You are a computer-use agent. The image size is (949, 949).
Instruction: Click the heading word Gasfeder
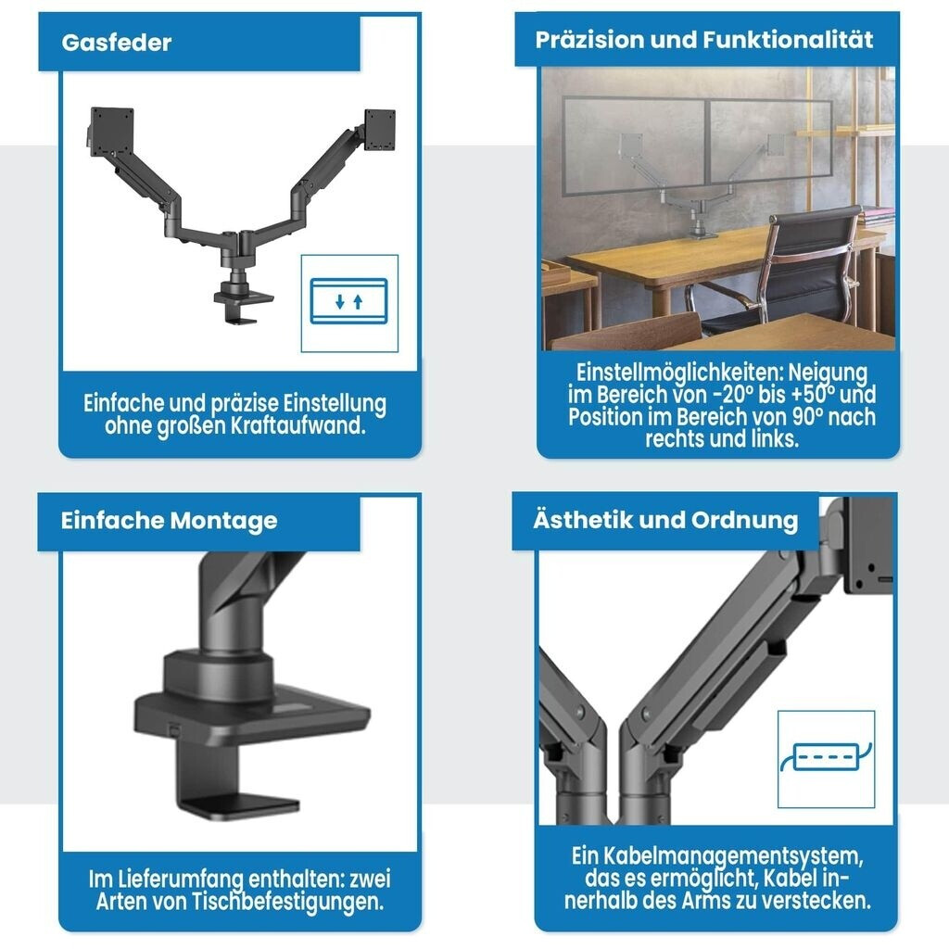(116, 43)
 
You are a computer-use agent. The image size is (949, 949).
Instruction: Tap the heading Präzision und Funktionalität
(704, 40)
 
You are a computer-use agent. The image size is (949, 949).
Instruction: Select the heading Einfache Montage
(169, 521)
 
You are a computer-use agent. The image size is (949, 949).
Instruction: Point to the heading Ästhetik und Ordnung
(665, 520)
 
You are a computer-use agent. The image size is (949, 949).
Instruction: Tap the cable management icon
(826, 757)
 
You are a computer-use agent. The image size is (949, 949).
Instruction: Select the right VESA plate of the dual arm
(379, 130)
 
